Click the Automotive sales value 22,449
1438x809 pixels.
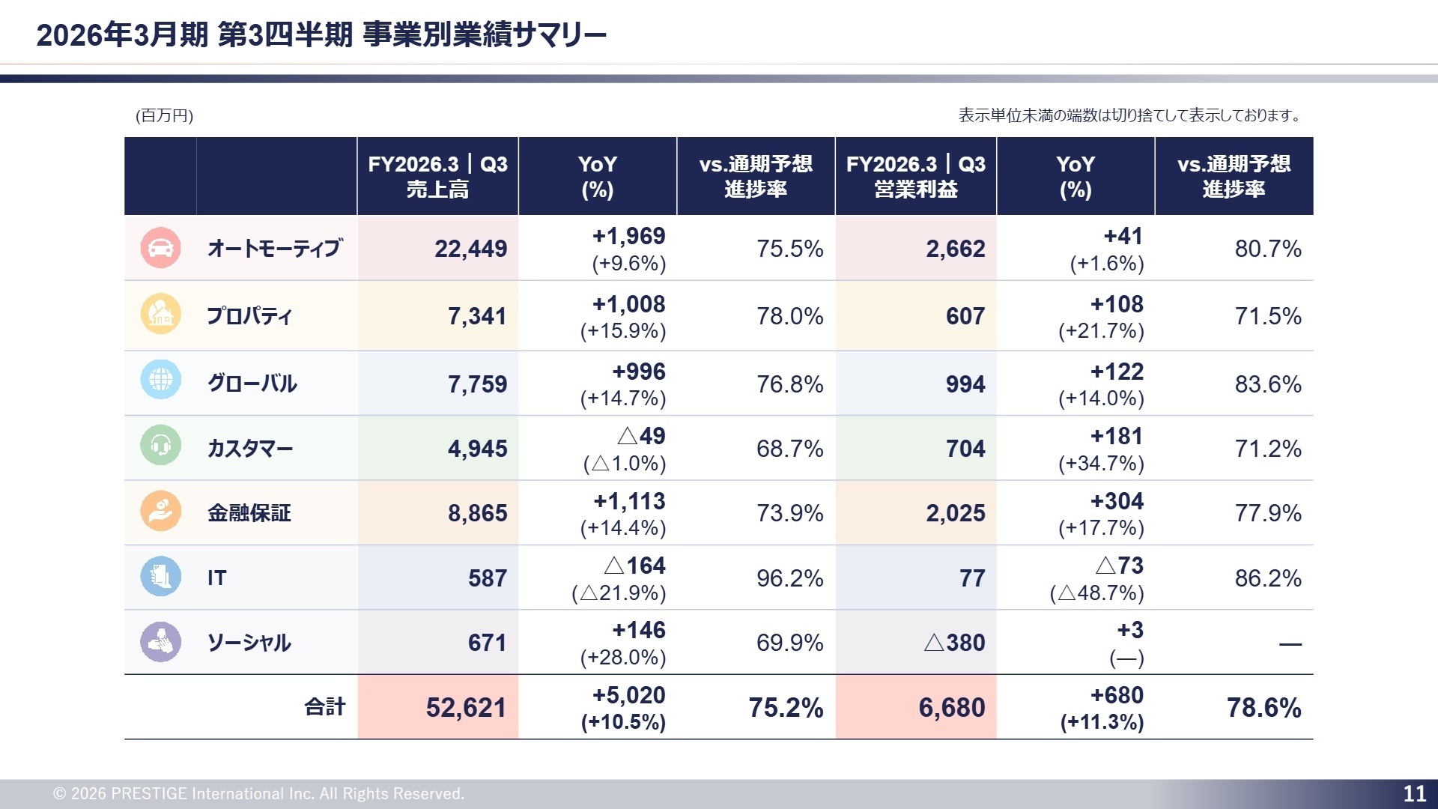pyautogui.click(x=470, y=249)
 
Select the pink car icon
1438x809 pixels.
pyautogui.click(x=160, y=248)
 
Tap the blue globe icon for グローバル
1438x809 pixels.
pyautogui.click(x=160, y=380)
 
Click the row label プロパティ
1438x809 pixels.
pyautogui.click(x=249, y=316)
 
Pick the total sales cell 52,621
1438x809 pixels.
pyautogui.click(x=466, y=708)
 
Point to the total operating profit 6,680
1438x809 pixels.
pyautogui.click(x=951, y=708)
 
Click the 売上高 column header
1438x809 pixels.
pyautogui.click(x=437, y=177)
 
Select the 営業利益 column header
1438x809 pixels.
pyautogui.click(x=915, y=177)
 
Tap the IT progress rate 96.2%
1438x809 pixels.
pyautogui.click(x=789, y=578)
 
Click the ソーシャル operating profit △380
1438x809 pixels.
pyautogui.click(x=954, y=643)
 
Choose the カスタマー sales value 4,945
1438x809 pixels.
pyautogui.click(x=477, y=449)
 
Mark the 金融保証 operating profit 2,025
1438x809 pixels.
pyautogui.click(x=955, y=513)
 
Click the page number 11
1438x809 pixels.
pyautogui.click(x=1414, y=794)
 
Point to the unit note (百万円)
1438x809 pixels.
pyautogui.click(x=164, y=115)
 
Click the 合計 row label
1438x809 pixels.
pyautogui.click(x=325, y=707)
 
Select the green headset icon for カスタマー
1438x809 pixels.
pyautogui.click(x=160, y=445)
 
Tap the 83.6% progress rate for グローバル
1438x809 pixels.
pyautogui.click(x=1268, y=384)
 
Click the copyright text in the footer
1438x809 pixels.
pyautogui.click(x=258, y=794)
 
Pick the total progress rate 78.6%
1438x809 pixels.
pyautogui.click(x=1263, y=708)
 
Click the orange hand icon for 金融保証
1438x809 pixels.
pyautogui.click(x=160, y=511)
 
